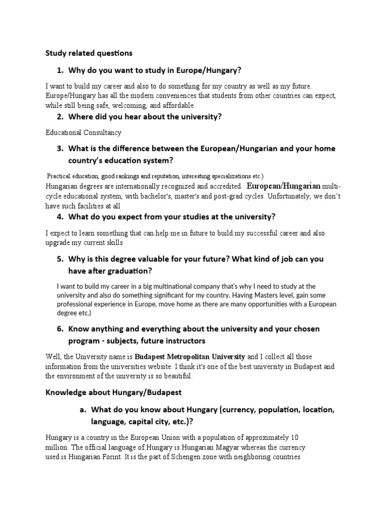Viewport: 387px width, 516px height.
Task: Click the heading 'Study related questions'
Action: (89, 52)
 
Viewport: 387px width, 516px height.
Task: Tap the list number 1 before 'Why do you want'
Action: (60, 70)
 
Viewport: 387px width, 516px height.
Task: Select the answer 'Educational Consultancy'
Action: (83, 133)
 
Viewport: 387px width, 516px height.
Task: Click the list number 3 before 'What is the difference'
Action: (60, 149)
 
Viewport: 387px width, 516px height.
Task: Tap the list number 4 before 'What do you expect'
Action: (60, 217)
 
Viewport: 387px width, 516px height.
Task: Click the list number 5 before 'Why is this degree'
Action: (60, 259)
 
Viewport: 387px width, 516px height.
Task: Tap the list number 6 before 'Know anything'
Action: (60, 329)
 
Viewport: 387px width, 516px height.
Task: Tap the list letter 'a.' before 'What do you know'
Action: (83, 410)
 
